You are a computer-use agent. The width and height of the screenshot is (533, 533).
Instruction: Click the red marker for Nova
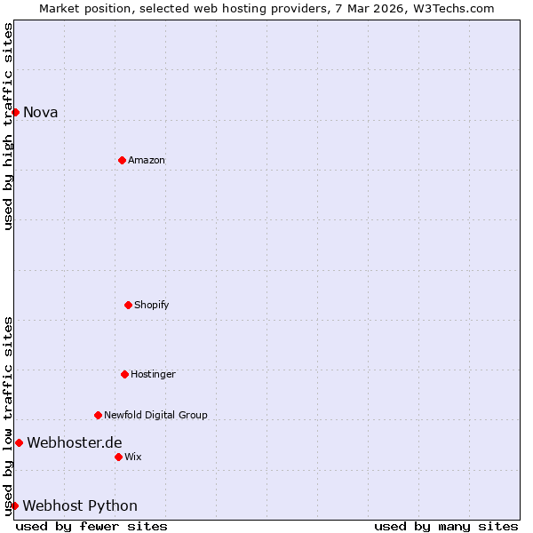[15, 112]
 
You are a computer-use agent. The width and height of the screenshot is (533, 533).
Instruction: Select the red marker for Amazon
[122, 160]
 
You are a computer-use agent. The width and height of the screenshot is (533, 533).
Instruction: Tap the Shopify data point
[128, 305]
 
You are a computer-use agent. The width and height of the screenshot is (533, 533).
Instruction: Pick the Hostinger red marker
[124, 374]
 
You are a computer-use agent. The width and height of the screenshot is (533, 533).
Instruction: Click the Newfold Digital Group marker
[98, 415]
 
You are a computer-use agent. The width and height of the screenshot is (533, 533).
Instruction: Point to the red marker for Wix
[118, 457]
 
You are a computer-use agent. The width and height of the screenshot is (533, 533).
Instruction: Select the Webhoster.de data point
[19, 442]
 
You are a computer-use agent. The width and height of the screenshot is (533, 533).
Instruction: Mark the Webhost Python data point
[14, 505]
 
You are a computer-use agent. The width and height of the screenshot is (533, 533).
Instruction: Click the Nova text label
[40, 112]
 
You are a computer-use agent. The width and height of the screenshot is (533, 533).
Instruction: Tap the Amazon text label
[147, 160]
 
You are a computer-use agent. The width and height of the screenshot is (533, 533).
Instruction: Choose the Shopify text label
[151, 305]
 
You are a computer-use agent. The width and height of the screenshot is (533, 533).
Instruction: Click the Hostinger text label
[153, 374]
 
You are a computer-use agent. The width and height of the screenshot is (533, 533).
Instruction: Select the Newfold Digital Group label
[155, 415]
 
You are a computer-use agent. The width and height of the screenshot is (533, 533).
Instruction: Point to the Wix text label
[132, 457]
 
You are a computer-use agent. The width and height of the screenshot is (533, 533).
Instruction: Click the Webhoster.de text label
[75, 442]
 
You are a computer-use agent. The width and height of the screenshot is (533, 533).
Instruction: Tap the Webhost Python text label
[80, 505]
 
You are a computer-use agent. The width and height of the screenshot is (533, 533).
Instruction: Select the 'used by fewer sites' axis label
[91, 526]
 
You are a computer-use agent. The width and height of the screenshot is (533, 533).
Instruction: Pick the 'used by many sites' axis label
[446, 526]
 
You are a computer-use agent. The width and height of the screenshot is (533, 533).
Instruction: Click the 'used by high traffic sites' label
[8, 126]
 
